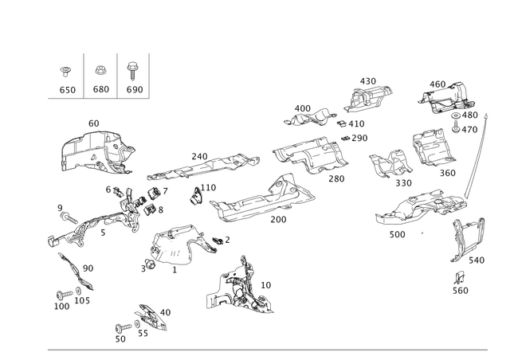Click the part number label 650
tap(68, 90)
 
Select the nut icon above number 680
tap(100, 70)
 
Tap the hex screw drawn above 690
tap(132, 71)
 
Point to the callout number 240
tap(199, 156)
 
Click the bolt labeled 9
tap(69, 217)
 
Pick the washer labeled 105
tap(78, 291)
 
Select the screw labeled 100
tap(64, 295)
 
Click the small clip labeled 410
tap(342, 123)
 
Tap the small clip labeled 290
tap(345, 138)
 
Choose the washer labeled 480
tap(456, 115)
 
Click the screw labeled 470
tap(456, 127)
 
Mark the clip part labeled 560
tap(460, 278)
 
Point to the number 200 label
tap(278, 220)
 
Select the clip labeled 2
tap(218, 241)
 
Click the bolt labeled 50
tap(124, 327)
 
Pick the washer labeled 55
tap(137, 324)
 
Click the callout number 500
tap(398, 234)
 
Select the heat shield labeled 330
tap(390, 163)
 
